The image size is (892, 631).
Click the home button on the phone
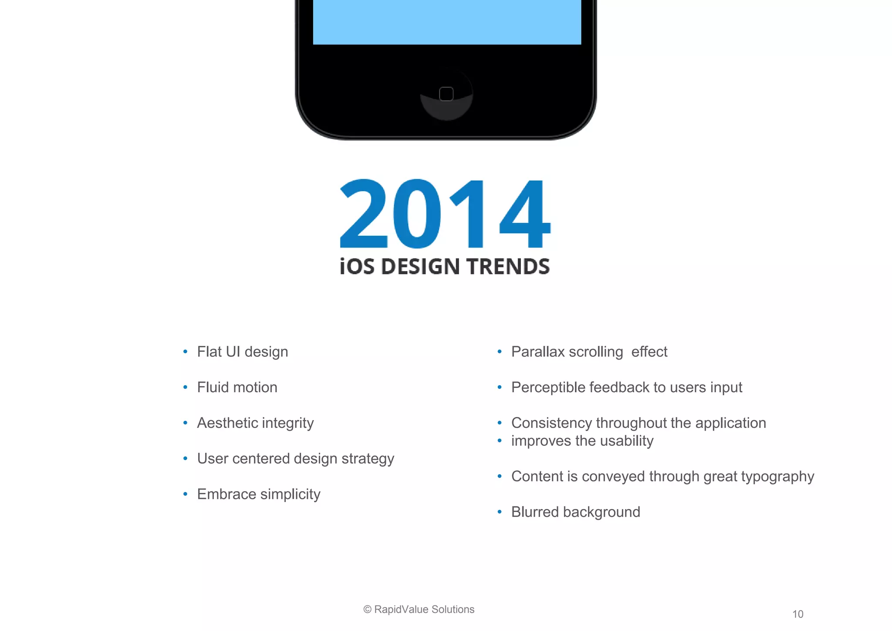click(x=446, y=94)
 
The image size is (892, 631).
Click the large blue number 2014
click(x=445, y=214)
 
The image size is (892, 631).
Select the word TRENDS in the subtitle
click(x=508, y=267)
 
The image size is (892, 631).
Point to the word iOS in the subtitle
click(x=357, y=267)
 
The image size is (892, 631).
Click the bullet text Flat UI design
click(x=243, y=352)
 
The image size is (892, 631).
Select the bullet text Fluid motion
click(x=237, y=387)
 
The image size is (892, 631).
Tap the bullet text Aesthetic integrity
click(x=255, y=423)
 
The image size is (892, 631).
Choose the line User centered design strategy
click(x=295, y=459)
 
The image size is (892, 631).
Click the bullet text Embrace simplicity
click(x=259, y=495)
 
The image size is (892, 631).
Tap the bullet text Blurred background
click(x=575, y=512)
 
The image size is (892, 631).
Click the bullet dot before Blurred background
click(x=500, y=512)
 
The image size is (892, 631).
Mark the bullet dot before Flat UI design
click(x=186, y=352)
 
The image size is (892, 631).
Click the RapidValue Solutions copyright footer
click(x=419, y=609)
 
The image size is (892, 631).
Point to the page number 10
click(x=797, y=614)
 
